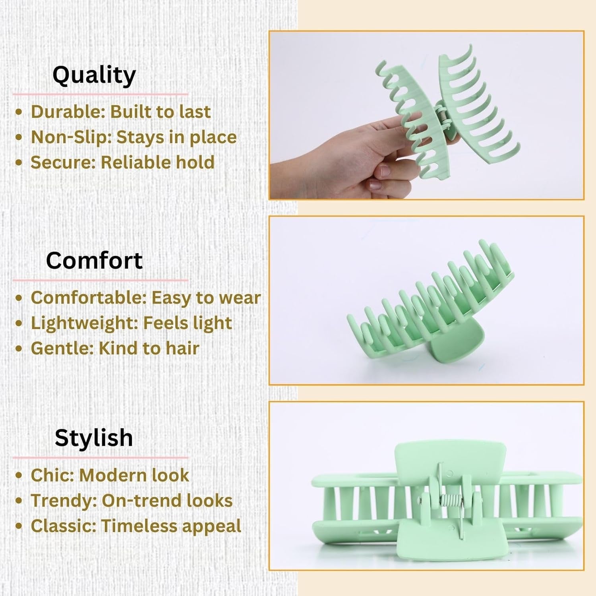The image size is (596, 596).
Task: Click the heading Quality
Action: click(x=94, y=75)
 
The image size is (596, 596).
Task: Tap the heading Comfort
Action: click(x=94, y=261)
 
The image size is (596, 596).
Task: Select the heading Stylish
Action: click(x=94, y=438)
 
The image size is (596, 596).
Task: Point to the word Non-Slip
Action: click(x=71, y=137)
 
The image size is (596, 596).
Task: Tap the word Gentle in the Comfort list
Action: click(x=62, y=348)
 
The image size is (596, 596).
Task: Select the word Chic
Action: click(x=52, y=475)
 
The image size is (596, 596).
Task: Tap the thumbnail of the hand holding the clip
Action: click(x=426, y=115)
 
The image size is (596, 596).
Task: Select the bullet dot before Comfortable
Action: click(x=18, y=298)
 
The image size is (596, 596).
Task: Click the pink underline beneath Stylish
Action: click(x=101, y=457)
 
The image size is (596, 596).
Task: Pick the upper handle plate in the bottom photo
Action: click(x=451, y=459)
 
